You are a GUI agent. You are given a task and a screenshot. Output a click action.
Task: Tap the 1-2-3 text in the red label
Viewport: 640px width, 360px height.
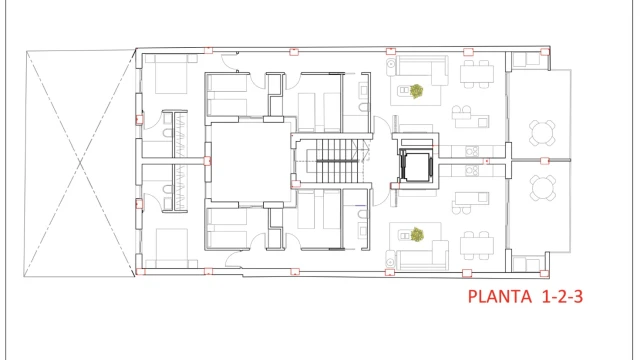click(x=562, y=296)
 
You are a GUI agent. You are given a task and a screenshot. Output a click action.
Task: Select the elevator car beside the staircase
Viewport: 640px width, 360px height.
click(x=416, y=167)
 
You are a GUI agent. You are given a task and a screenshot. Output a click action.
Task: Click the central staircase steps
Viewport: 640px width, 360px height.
click(x=337, y=161)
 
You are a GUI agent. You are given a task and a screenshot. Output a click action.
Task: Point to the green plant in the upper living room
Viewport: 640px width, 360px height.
click(x=416, y=91)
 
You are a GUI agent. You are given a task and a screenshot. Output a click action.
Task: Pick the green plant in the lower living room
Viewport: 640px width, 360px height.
click(x=417, y=234)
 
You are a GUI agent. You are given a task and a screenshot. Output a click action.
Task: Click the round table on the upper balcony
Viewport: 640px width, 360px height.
click(x=542, y=133)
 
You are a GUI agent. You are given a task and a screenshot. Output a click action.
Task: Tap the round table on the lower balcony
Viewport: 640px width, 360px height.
click(x=543, y=188)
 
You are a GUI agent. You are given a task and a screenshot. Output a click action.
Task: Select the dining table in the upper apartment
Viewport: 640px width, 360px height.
click(x=476, y=74)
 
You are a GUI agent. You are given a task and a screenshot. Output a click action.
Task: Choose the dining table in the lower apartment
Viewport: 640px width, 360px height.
click(x=476, y=246)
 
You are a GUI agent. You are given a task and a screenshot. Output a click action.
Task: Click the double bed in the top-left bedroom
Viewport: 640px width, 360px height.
click(x=171, y=74)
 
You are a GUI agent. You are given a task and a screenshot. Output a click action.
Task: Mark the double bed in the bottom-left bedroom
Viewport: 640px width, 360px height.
click(x=171, y=248)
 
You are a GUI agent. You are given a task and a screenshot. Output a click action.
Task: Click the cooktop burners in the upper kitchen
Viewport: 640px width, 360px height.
click(x=472, y=151)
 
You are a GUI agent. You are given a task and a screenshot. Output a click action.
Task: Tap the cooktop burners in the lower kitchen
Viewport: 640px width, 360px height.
click(x=472, y=170)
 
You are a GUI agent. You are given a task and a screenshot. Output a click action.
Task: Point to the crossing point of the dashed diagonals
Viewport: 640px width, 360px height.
click(x=80, y=163)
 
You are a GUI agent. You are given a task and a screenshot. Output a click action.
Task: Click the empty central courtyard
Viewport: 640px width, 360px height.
click(x=250, y=162)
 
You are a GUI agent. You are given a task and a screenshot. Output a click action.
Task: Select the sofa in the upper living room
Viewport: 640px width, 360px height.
click(x=422, y=70)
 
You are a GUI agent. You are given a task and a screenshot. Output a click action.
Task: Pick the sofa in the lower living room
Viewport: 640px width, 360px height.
click(x=422, y=255)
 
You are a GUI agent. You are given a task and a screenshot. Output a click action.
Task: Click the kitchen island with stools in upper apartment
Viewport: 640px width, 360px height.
click(x=470, y=117)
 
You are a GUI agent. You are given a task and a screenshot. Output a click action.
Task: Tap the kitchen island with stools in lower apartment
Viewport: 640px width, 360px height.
click(x=470, y=203)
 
